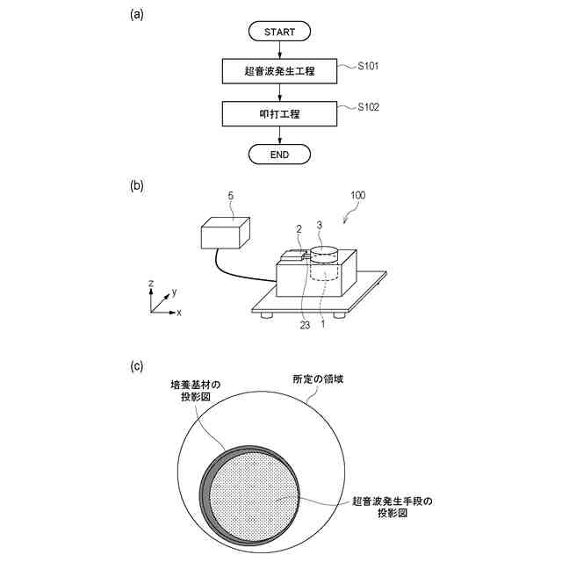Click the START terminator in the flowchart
(x=279, y=32)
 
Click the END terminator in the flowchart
(x=279, y=155)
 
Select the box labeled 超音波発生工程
(x=279, y=71)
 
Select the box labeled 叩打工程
(x=279, y=113)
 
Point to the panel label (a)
(x=136, y=15)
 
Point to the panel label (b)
(x=136, y=186)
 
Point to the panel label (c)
(x=136, y=366)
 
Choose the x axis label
(x=179, y=313)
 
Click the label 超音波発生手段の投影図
(x=398, y=506)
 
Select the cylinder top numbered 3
(x=324, y=255)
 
